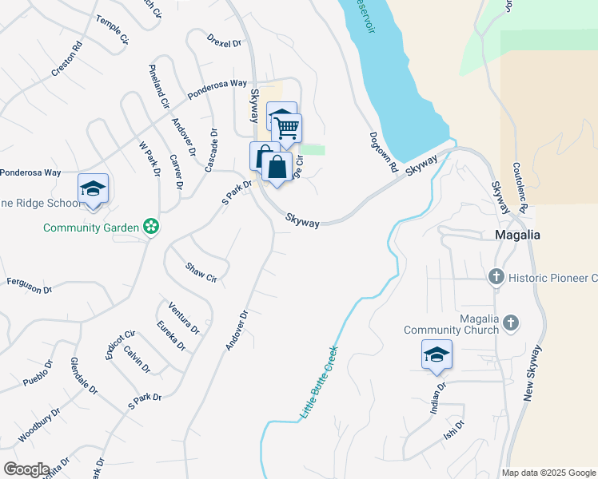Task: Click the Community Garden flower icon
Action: [150, 228]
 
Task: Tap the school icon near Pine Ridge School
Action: [93, 189]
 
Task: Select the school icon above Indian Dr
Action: [437, 355]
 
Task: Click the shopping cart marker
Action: [286, 129]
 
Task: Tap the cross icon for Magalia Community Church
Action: [511, 323]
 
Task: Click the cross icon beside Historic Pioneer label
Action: [496, 277]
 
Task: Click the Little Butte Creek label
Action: [319, 383]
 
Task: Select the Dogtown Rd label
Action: [384, 152]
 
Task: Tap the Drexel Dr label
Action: [224, 40]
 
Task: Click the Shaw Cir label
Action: [201, 272]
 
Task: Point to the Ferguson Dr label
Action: [30, 286]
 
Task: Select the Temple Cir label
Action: [112, 29]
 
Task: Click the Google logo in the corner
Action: [26, 469]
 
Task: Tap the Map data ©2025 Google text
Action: [548, 473]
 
